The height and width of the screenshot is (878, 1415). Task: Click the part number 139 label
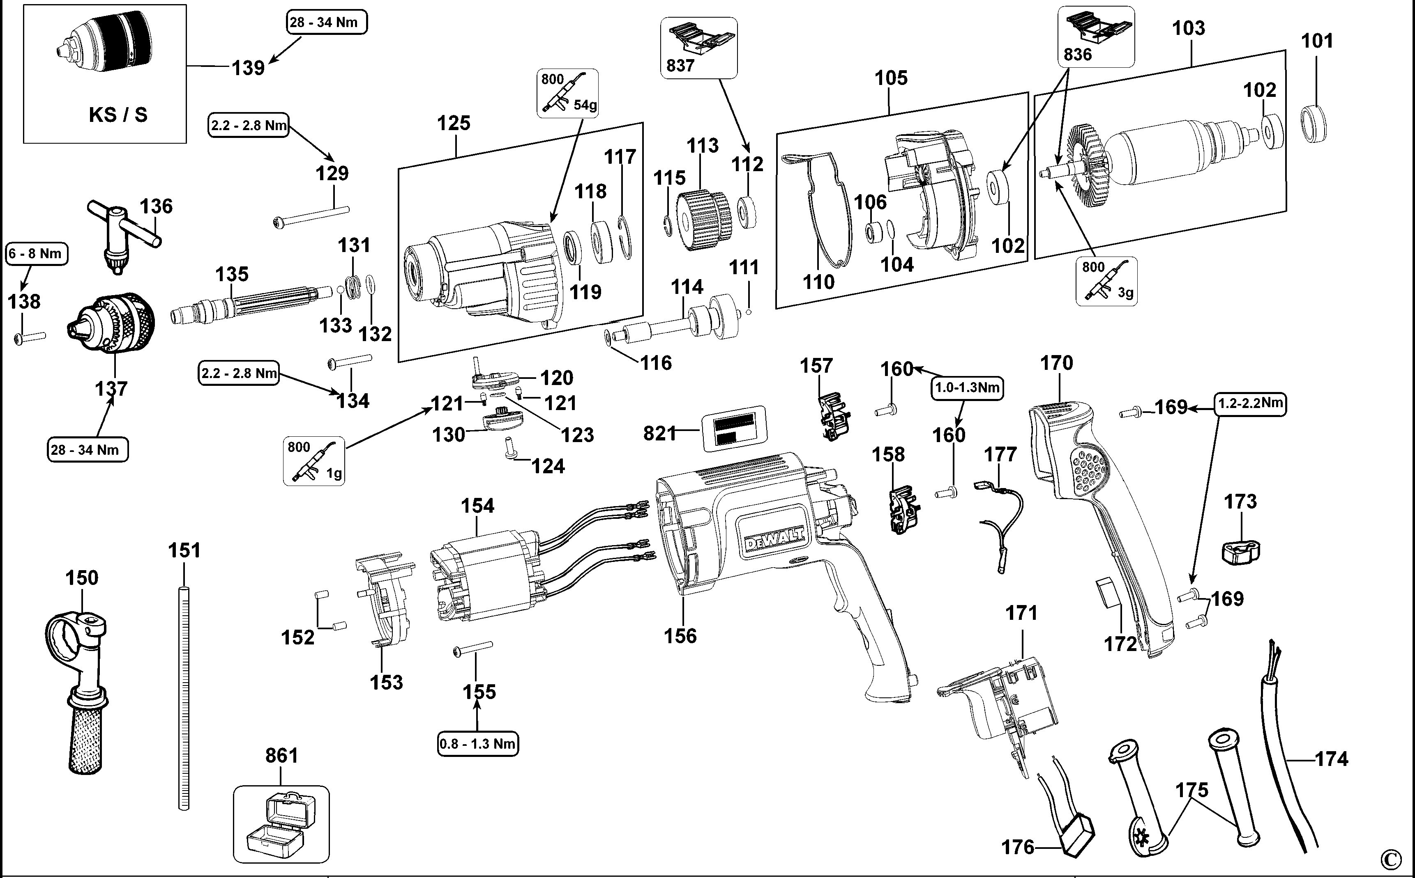tap(248, 68)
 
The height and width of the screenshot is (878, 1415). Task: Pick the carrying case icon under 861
tap(281, 824)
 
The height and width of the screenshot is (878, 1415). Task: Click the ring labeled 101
tap(1313, 124)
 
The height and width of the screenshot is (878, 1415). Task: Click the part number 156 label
tap(680, 636)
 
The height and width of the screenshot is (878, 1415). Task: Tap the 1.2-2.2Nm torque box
tap(1250, 403)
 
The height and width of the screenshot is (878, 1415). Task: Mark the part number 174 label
tap(1331, 759)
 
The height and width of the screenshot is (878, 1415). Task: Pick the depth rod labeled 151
tap(184, 697)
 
